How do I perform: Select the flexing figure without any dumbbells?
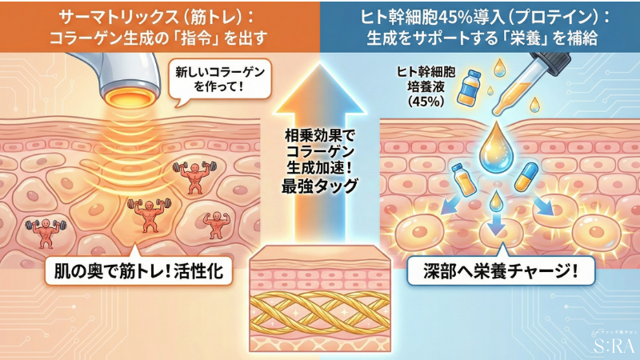(x=214, y=224)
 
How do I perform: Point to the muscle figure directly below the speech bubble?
(x=192, y=177)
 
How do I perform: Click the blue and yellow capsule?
(x=525, y=176)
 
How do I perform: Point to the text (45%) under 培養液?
(x=425, y=101)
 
